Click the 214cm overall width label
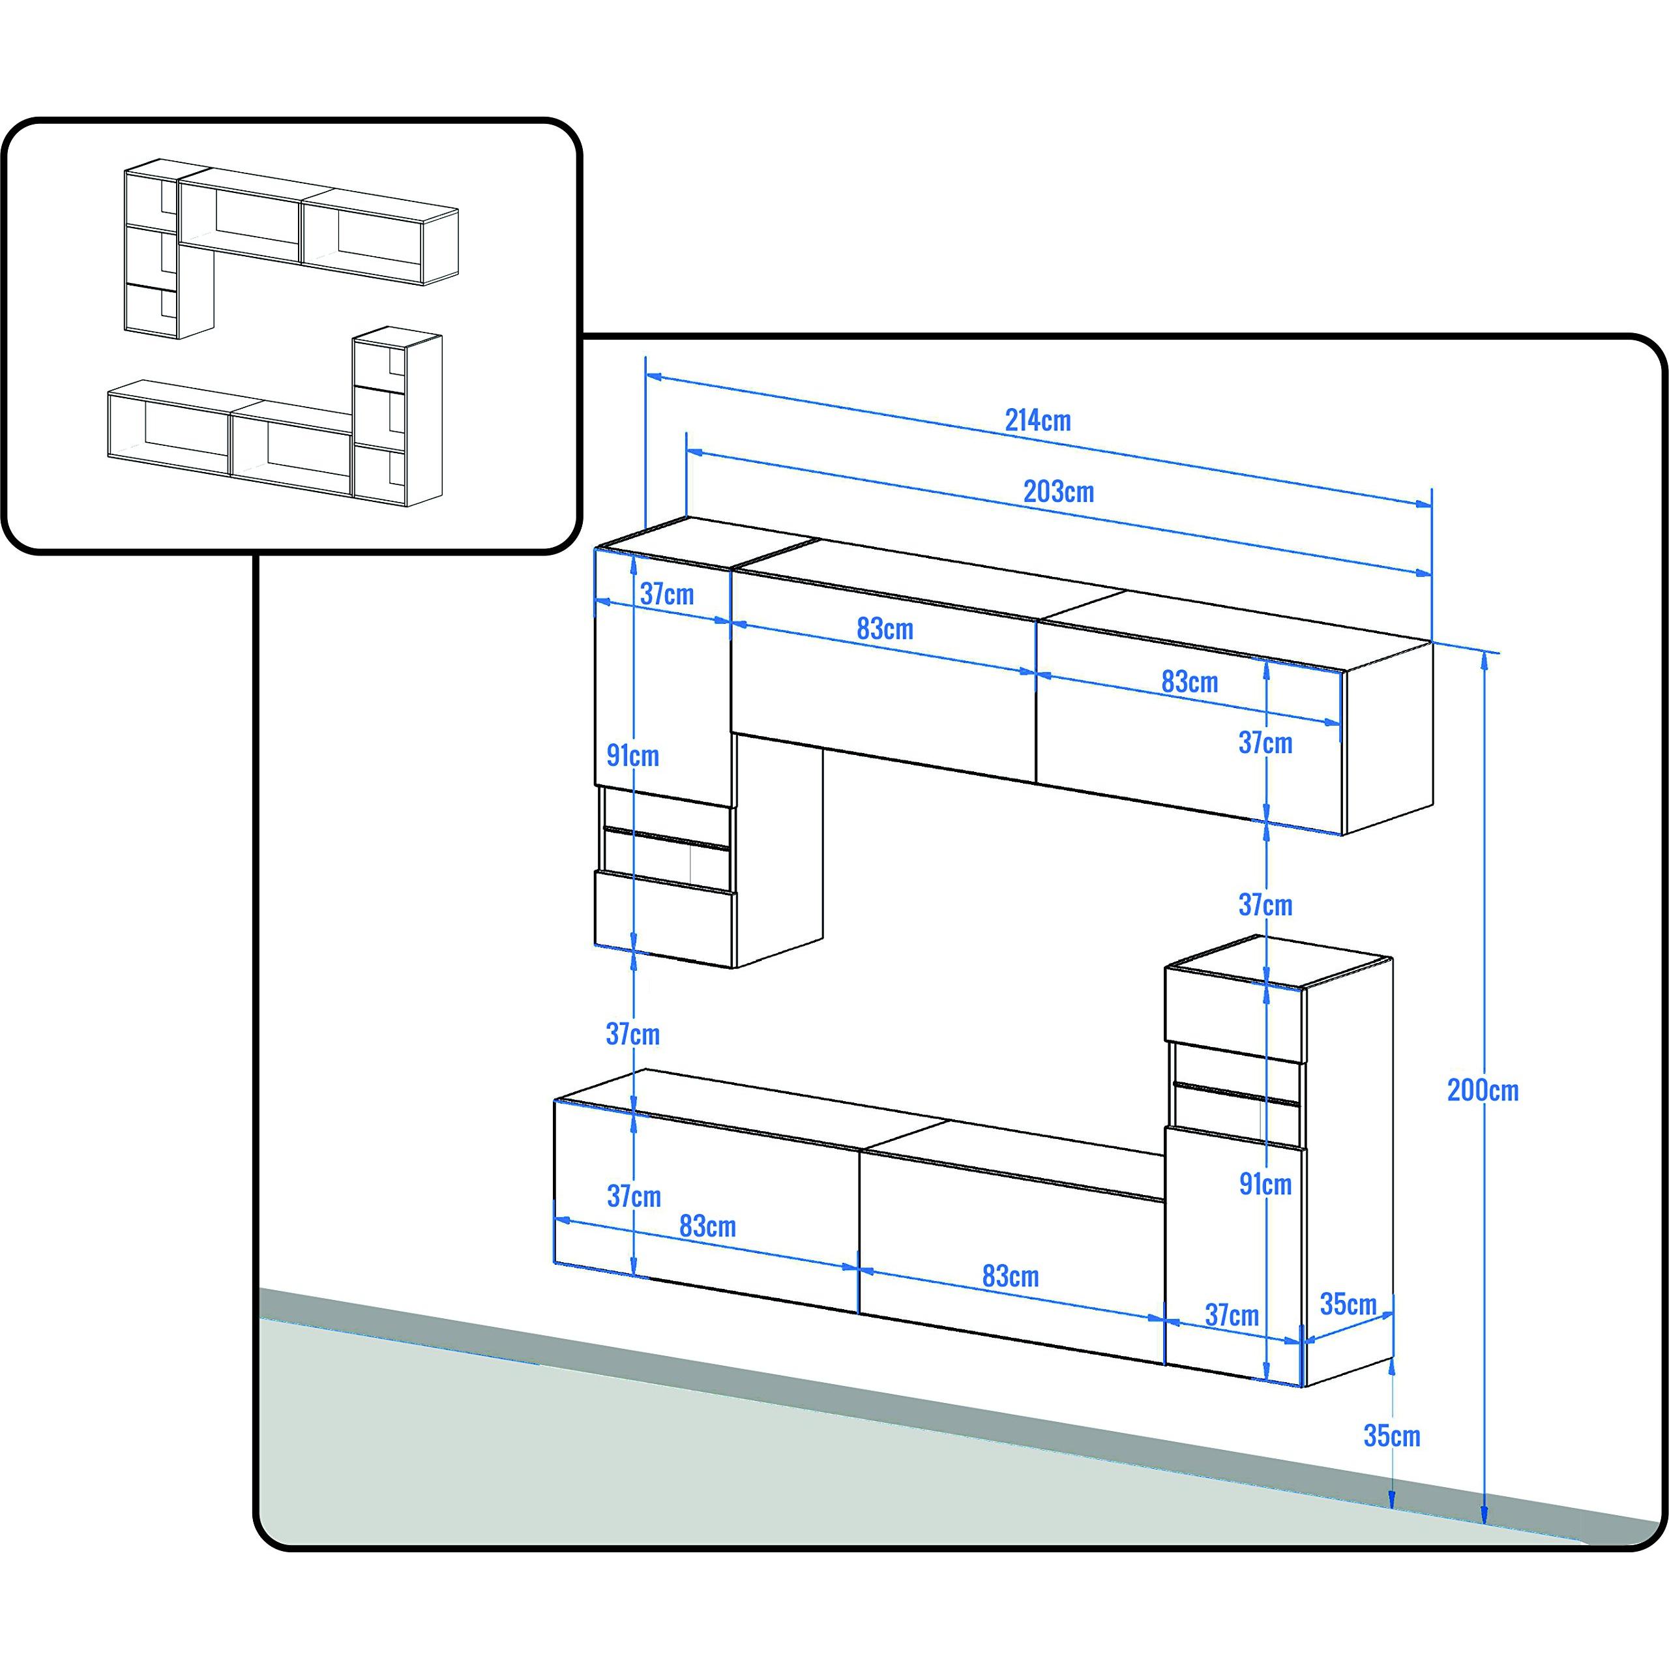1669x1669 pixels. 1037,421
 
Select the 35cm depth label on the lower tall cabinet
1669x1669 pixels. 1348,1304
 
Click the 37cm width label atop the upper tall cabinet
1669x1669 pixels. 667,595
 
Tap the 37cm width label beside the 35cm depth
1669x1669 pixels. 1232,1315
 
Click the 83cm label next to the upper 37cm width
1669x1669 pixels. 885,629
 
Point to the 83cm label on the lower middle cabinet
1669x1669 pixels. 1011,1276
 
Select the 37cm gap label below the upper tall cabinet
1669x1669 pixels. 633,1034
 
